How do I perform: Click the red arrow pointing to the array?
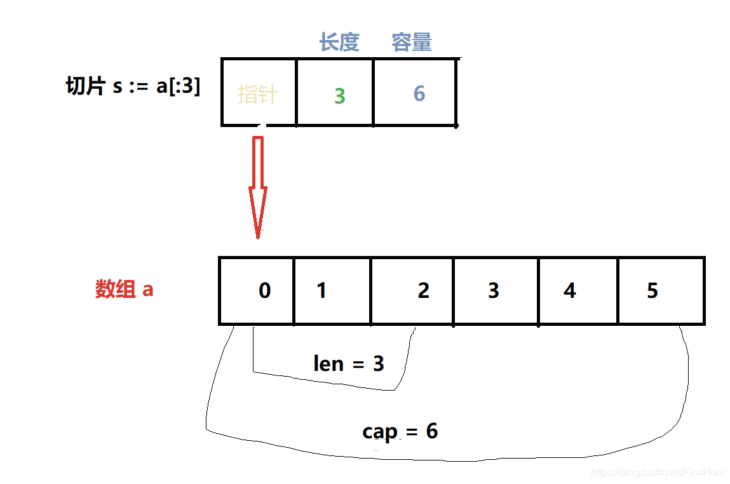[258, 184]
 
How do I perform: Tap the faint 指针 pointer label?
[257, 94]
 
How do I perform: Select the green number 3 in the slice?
[339, 96]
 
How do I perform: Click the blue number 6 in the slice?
[419, 93]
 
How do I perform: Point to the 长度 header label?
[339, 43]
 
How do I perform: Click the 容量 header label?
[412, 43]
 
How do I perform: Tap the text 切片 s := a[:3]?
[133, 86]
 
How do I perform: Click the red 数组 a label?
[125, 289]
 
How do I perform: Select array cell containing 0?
[257, 291]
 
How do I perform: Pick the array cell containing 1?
[332, 291]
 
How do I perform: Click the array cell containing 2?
[412, 291]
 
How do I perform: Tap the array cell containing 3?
[496, 291]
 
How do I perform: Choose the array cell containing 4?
[578, 291]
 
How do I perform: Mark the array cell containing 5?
[660, 291]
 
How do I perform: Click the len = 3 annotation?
[349, 364]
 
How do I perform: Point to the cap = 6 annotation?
[400, 431]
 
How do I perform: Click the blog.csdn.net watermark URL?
[658, 472]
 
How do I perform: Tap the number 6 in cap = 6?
[432, 431]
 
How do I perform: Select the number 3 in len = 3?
[378, 364]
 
